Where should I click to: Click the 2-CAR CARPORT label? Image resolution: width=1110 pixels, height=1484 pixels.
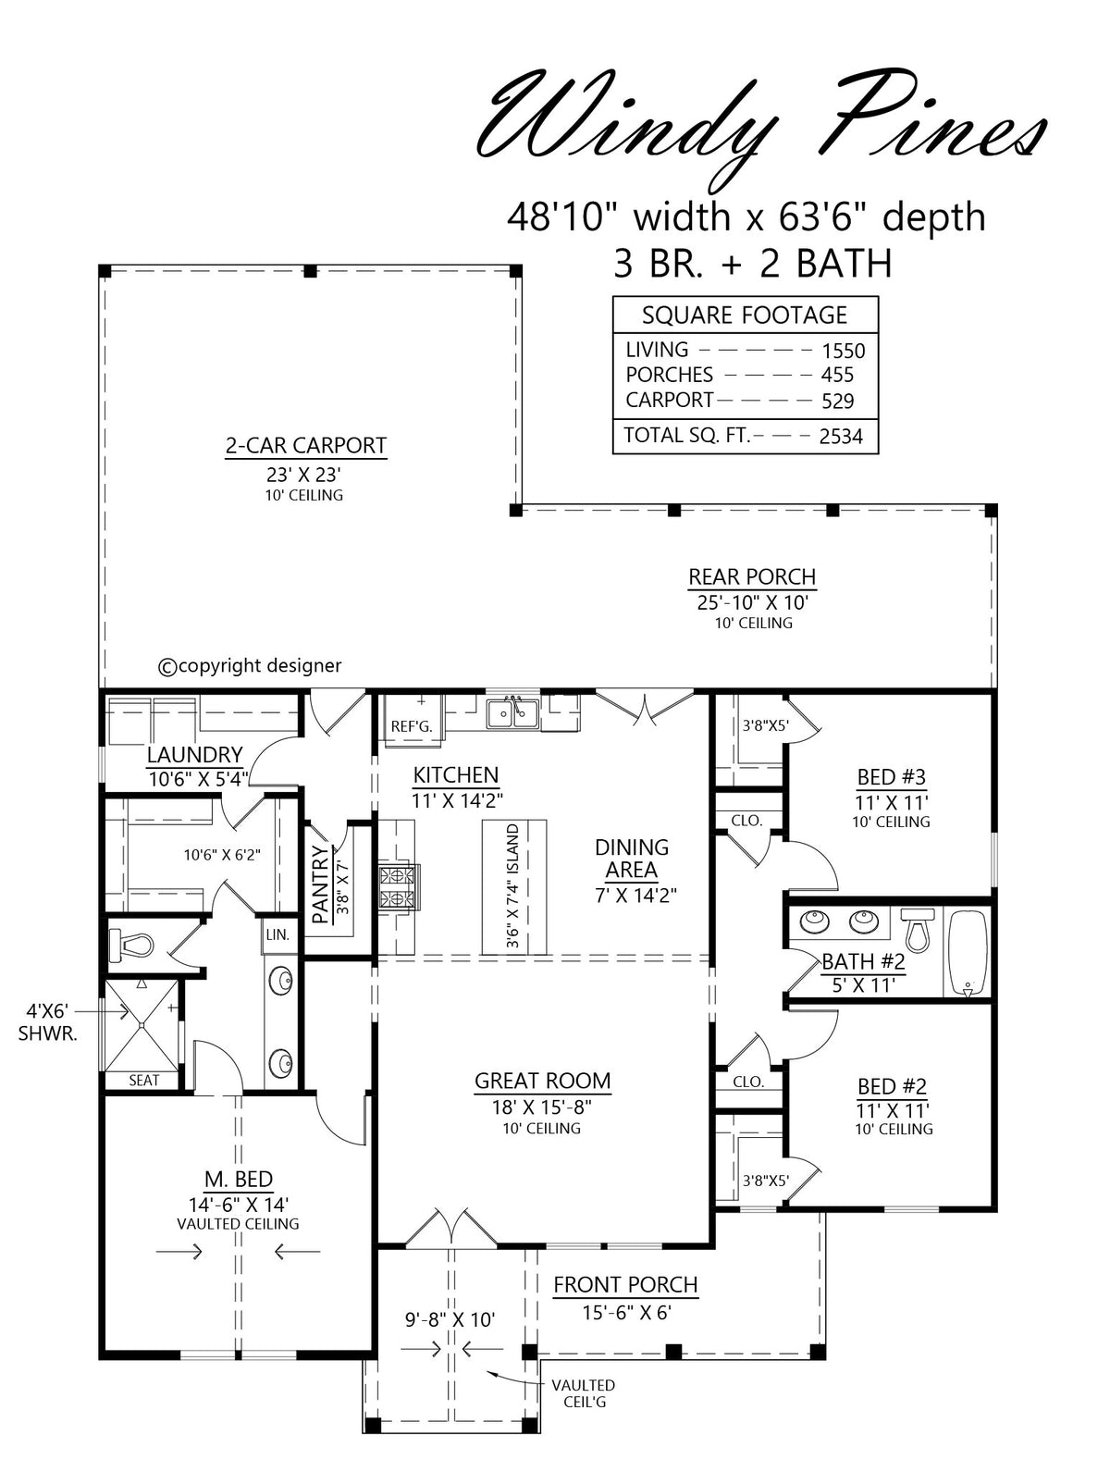[305, 446]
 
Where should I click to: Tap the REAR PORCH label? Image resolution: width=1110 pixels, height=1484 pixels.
[752, 576]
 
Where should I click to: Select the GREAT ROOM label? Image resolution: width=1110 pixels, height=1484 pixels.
[542, 1081]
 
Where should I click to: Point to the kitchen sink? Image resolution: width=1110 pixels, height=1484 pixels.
[513, 714]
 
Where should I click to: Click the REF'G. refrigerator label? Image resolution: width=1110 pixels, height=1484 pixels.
[411, 727]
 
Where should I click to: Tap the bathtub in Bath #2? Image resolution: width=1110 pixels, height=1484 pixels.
[968, 954]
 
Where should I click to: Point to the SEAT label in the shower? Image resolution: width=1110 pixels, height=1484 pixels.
[144, 1081]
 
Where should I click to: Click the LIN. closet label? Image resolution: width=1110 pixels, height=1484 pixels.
[277, 935]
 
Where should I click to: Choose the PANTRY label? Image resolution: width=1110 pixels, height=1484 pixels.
[320, 884]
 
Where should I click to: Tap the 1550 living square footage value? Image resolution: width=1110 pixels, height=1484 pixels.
[843, 351]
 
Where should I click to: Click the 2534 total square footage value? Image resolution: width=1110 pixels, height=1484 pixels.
[841, 437]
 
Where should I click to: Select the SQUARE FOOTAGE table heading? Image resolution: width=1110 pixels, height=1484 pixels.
[745, 315]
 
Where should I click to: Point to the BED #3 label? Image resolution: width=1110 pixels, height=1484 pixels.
[891, 777]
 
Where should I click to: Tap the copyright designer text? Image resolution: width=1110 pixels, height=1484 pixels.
[250, 666]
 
